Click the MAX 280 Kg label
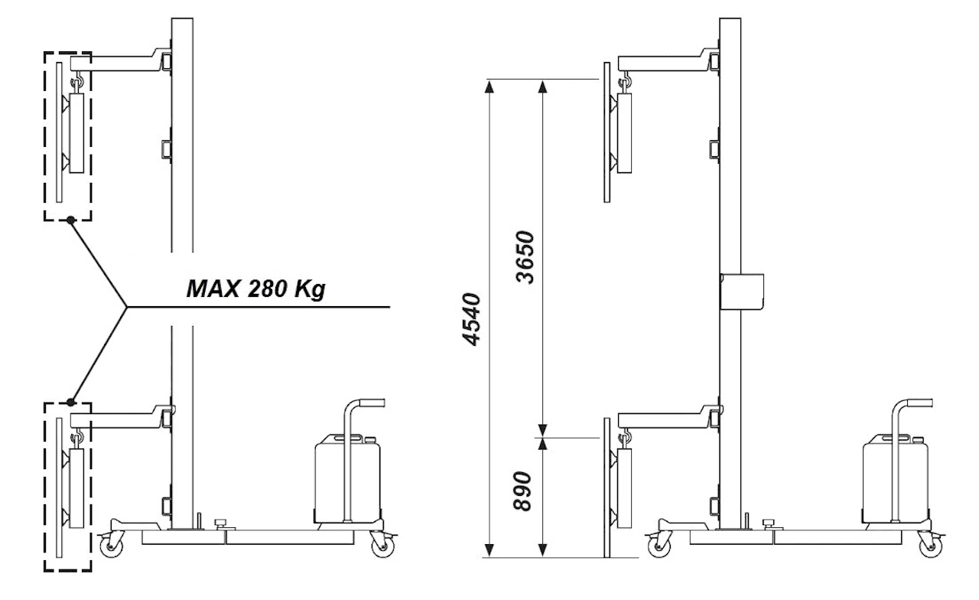pyautogui.click(x=255, y=289)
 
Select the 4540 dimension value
pyautogui.click(x=472, y=319)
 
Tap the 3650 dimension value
pyautogui.click(x=525, y=257)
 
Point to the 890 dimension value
pyautogui.click(x=522, y=491)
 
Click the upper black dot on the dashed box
pyautogui.click(x=70, y=220)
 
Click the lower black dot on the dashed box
pyautogui.click(x=71, y=402)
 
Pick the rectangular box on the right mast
pyautogui.click(x=742, y=292)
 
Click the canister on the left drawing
pyautogui.click(x=347, y=478)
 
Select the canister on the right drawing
pyautogui.click(x=895, y=478)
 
